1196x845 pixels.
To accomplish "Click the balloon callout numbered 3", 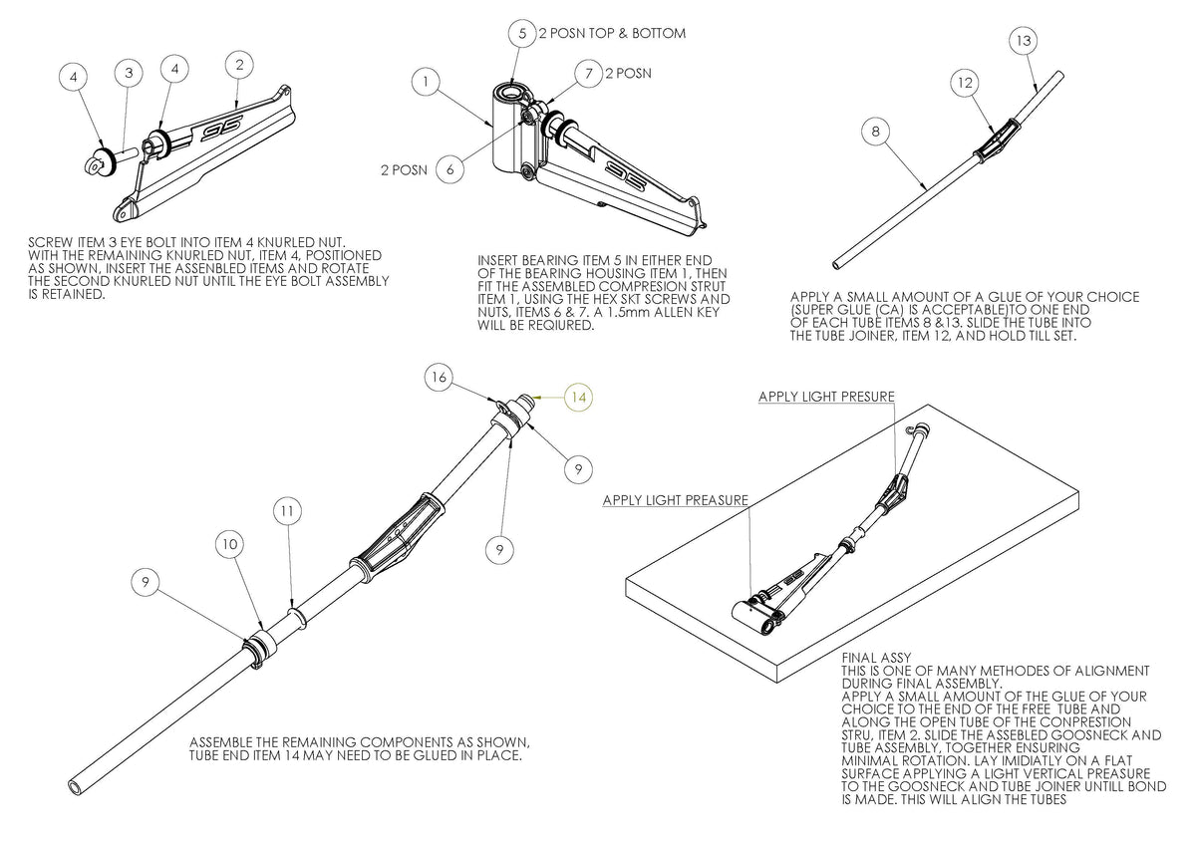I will tap(128, 73).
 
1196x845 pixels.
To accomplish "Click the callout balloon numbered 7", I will tap(589, 74).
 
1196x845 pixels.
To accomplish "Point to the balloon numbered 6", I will tap(450, 169).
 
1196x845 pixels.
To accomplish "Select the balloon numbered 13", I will tap(1025, 42).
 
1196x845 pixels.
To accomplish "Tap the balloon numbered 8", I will tap(873, 132).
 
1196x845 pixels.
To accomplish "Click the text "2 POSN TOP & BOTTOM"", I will tap(612, 33).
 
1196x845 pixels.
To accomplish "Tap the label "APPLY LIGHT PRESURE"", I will tap(826, 397).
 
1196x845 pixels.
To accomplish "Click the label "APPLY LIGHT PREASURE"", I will tap(675, 500).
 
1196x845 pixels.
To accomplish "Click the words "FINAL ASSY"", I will tap(871, 657).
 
